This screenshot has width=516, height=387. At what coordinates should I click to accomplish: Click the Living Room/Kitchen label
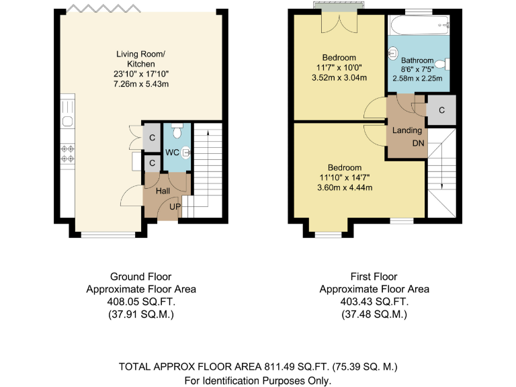coord(140,58)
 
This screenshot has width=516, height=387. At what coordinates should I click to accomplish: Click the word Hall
coord(163,191)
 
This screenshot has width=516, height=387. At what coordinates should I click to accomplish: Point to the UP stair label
coord(175,206)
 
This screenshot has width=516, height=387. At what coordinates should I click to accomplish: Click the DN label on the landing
coord(418,144)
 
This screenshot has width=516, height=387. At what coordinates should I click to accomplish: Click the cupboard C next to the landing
coord(441,110)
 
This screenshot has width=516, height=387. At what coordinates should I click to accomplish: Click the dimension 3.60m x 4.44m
coord(345,187)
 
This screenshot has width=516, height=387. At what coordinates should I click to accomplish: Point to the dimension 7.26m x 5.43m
coord(140,84)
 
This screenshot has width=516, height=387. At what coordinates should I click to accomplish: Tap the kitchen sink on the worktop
coord(67,120)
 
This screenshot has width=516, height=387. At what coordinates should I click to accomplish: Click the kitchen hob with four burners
coord(67,154)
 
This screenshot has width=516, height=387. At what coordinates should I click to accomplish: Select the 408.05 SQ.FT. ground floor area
coord(141,302)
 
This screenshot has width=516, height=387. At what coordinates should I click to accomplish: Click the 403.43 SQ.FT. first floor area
coord(374,302)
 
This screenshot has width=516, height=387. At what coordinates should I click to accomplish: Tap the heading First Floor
coord(374,277)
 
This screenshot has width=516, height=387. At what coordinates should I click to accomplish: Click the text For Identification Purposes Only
coord(258,380)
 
